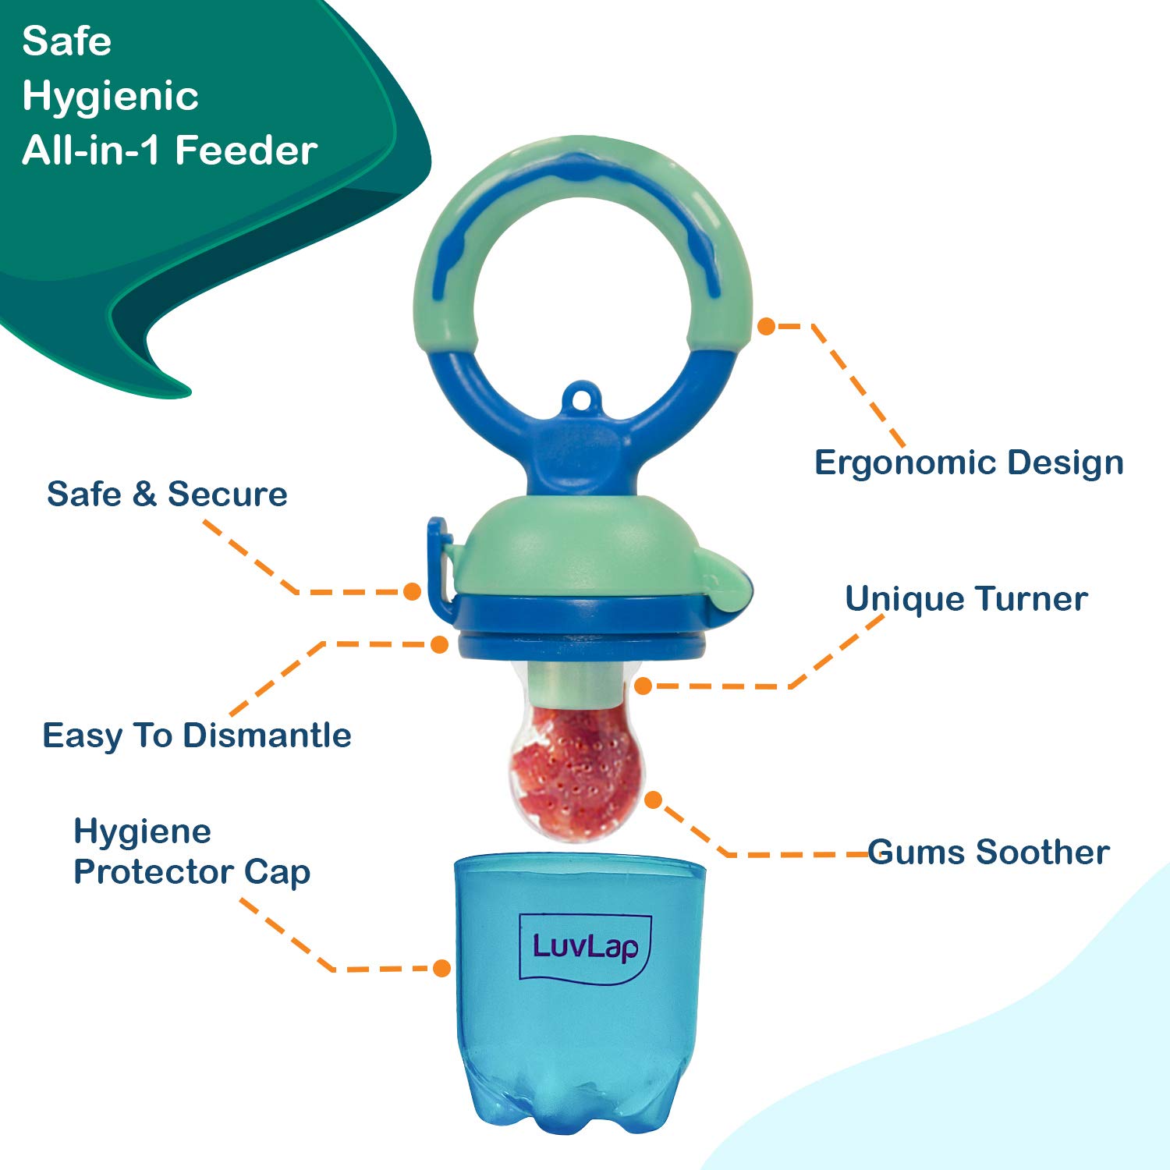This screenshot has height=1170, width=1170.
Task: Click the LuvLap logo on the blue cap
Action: click(585, 947)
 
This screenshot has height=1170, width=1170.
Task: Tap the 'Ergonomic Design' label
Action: click(969, 463)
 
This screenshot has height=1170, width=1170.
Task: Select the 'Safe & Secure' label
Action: click(167, 494)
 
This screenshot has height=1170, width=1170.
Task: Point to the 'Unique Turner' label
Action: click(966, 599)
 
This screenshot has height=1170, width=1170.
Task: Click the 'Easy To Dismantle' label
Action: click(197, 736)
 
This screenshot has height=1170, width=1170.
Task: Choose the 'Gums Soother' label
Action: click(988, 852)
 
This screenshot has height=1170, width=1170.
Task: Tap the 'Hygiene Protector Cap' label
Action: click(192, 852)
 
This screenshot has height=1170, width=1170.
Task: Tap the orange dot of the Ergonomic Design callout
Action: click(767, 326)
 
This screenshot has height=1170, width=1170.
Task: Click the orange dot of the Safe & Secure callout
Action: click(412, 591)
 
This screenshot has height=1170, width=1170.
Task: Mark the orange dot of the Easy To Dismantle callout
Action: click(440, 644)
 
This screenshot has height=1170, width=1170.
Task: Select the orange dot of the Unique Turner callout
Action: click(643, 686)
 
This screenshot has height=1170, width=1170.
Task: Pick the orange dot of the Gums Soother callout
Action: click(654, 799)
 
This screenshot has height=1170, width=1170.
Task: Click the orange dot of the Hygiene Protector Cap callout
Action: click(441, 968)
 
